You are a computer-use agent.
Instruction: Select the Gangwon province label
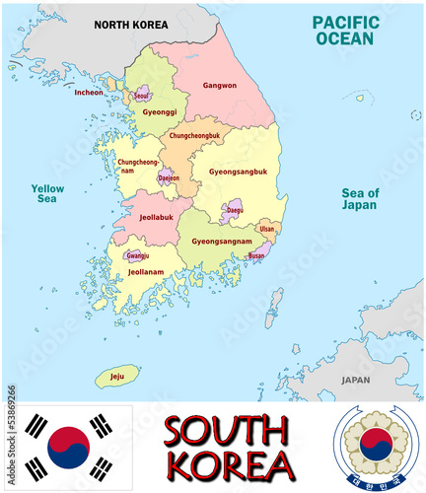pyautogui.click(x=219, y=86)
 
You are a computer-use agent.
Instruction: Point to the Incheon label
pyautogui.click(x=89, y=93)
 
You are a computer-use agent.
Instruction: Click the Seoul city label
pyautogui.click(x=143, y=95)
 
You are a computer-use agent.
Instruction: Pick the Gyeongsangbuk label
pyautogui.click(x=238, y=171)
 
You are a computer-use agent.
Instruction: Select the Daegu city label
pyautogui.click(x=234, y=209)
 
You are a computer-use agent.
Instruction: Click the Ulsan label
pyautogui.click(x=267, y=229)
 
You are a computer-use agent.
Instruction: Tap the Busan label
pyautogui.click(x=257, y=254)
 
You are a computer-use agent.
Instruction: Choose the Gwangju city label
pyautogui.click(x=137, y=256)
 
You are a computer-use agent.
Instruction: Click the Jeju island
pyautogui.click(x=117, y=376)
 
